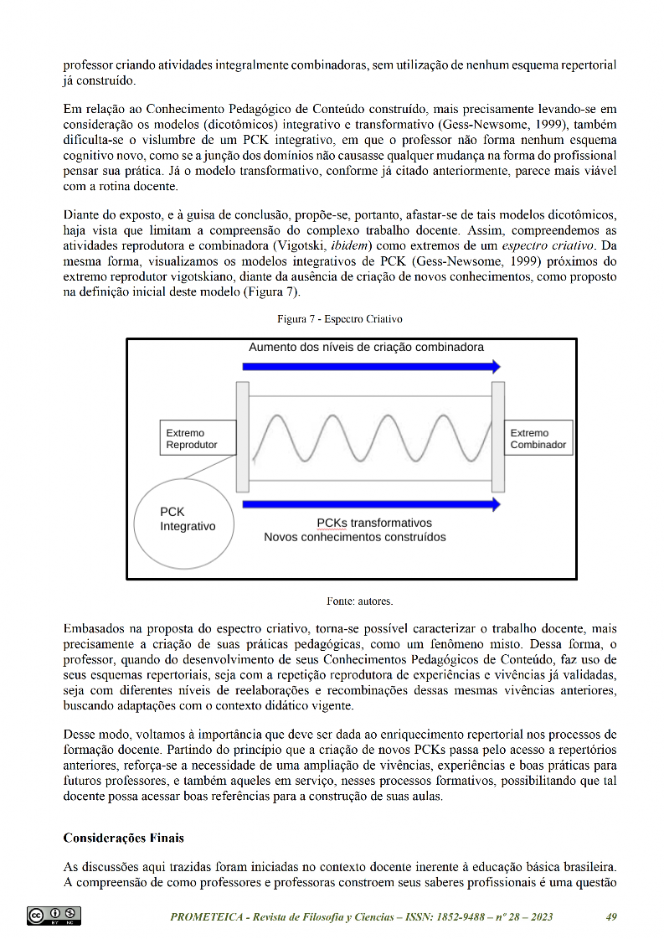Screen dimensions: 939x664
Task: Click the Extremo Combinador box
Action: click(x=539, y=439)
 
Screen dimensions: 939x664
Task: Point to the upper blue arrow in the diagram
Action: click(x=371, y=366)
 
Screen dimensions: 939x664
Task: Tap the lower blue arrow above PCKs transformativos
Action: click(x=371, y=504)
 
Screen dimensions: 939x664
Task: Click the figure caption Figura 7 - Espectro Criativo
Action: click(x=341, y=320)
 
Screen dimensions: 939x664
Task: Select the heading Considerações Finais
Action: click(x=124, y=838)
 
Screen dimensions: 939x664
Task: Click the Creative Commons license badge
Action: click(x=54, y=916)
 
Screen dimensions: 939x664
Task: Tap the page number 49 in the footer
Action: click(x=611, y=917)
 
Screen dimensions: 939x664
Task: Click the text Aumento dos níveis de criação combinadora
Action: click(x=366, y=347)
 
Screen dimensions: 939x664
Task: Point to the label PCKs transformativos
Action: click(x=374, y=522)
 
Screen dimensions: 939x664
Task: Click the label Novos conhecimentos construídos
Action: click(x=355, y=537)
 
